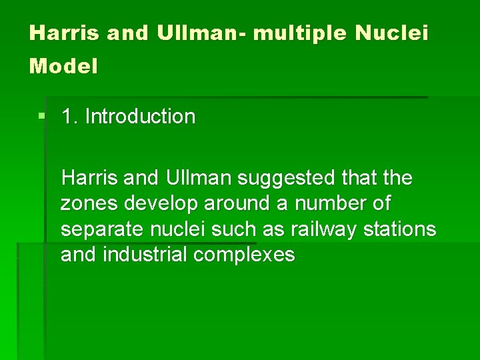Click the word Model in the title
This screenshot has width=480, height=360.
pyautogui.click(x=63, y=67)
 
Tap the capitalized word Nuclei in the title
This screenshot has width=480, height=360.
pyautogui.click(x=391, y=33)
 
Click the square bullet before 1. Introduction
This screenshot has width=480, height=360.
pyautogui.click(x=41, y=116)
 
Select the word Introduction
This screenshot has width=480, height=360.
pyautogui.click(x=140, y=117)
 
